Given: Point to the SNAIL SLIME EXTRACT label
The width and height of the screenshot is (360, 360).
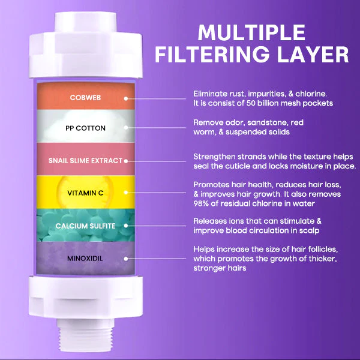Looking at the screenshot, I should [x=85, y=161].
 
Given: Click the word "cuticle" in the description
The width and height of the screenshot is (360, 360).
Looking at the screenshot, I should [x=244, y=166].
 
